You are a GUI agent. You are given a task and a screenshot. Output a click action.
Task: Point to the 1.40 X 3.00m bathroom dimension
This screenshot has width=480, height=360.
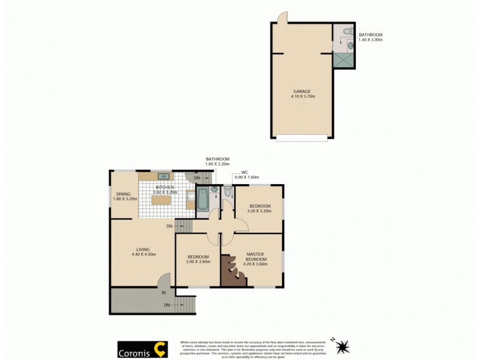[370, 40]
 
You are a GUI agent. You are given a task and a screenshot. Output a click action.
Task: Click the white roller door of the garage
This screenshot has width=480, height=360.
[302, 138]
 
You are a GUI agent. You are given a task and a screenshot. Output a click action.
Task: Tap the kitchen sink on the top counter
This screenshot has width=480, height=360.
[163, 176]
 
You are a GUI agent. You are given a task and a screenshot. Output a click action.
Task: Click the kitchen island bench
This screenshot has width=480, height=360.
[161, 200]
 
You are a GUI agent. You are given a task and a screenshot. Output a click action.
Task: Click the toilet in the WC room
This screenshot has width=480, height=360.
[227, 190]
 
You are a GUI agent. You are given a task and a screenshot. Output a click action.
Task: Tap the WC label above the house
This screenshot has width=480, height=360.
[245, 173]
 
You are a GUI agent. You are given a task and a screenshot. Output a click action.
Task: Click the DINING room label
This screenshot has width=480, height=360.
[124, 194]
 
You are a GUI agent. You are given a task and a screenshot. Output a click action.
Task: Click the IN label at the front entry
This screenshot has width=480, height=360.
[163, 292]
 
